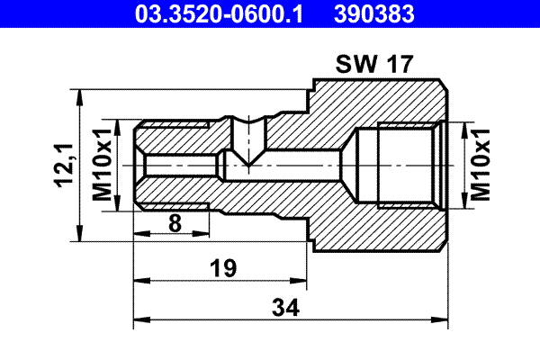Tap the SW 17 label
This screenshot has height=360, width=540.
click(x=374, y=65)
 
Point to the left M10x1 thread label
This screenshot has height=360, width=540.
click(x=103, y=166)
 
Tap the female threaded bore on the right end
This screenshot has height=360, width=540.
click(x=396, y=166)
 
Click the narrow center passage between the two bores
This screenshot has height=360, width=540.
click(x=297, y=166)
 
